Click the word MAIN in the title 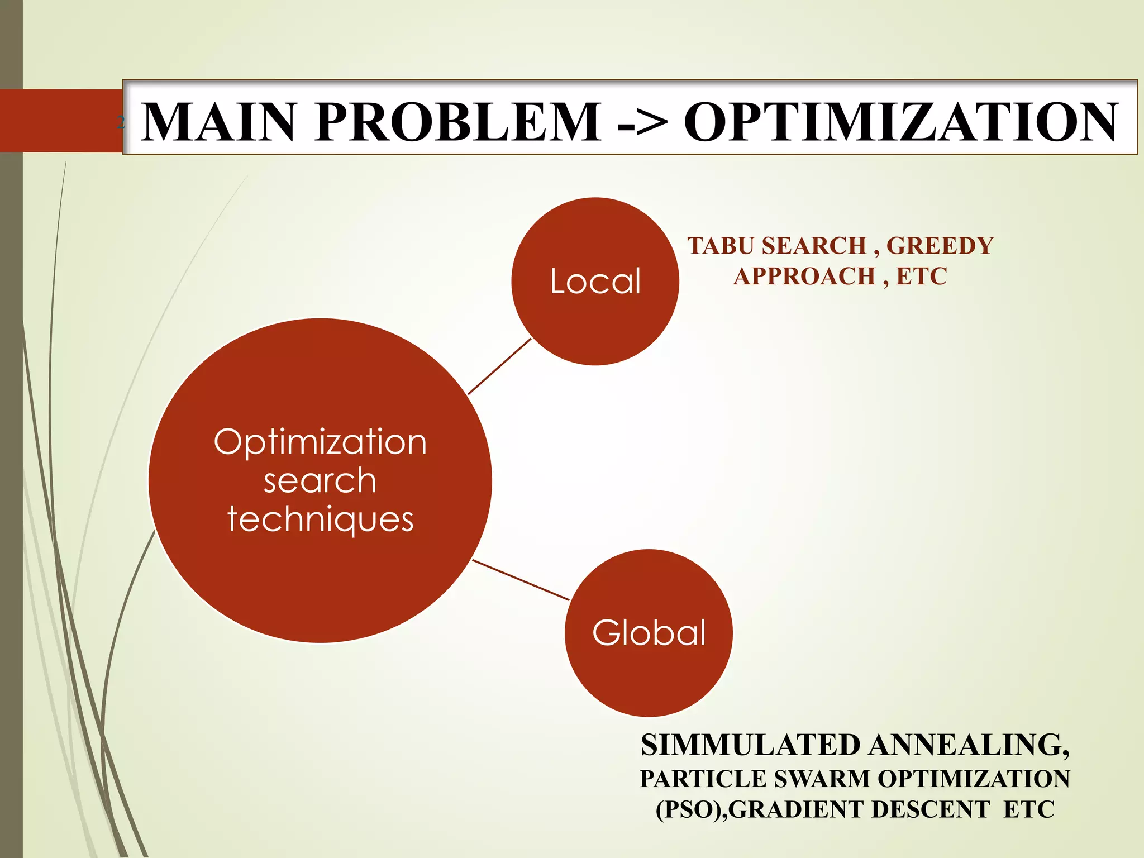coord(218,122)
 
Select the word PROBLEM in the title coord(457,122)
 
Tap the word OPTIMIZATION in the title coord(901,122)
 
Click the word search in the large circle coord(320,481)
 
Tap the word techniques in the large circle coord(320,519)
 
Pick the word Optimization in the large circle coord(320,442)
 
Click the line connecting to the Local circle coord(499,366)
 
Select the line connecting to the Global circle coord(521,580)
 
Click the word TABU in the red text coord(721,246)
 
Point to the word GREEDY coord(940,246)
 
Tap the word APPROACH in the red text coord(804,277)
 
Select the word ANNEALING coord(969,745)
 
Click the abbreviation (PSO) coord(689,810)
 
